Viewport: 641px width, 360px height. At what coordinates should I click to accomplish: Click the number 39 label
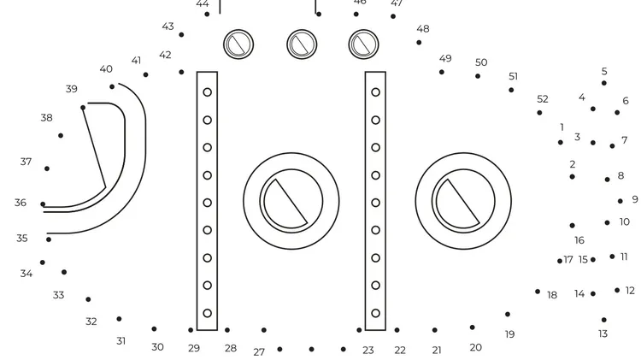click(72, 89)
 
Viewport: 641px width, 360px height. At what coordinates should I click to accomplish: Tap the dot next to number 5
click(603, 83)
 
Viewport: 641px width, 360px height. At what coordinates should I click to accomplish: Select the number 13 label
click(603, 333)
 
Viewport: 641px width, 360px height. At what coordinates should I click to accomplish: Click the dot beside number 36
click(43, 204)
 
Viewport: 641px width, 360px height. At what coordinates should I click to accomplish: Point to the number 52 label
click(543, 99)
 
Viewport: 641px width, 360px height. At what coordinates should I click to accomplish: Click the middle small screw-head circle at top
click(302, 44)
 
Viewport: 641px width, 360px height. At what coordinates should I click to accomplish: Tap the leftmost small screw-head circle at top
click(238, 44)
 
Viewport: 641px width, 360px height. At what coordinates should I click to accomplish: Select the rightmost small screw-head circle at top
click(363, 44)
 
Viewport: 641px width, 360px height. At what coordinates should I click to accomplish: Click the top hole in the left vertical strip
click(208, 92)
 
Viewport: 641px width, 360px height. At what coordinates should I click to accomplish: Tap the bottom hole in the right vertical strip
click(376, 313)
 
